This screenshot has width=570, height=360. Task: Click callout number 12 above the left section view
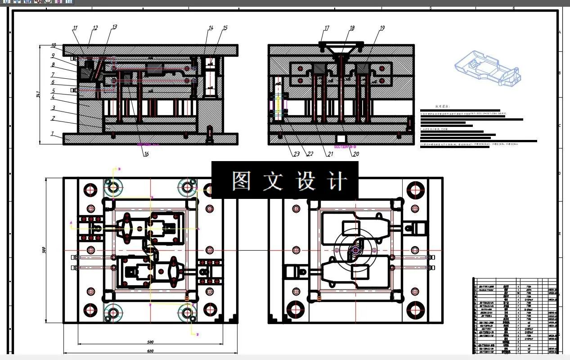click(95, 28)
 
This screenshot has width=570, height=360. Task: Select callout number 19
click(382, 28)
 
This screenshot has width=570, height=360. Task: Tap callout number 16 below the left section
click(146, 154)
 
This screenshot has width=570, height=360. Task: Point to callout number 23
click(296, 154)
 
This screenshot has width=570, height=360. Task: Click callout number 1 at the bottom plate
click(52, 134)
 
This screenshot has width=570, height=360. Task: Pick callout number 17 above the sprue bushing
click(327, 28)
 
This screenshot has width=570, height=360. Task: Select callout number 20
click(356, 154)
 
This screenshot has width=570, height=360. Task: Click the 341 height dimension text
click(39, 94)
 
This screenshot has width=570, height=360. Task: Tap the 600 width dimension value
click(150, 351)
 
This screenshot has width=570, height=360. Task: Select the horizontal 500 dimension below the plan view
click(150, 342)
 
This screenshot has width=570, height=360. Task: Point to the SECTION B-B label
click(345, 147)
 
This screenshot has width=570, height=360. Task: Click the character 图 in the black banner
click(242, 181)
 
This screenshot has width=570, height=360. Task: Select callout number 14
click(211, 28)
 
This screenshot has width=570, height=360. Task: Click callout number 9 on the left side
click(53, 56)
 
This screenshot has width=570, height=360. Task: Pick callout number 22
click(310, 154)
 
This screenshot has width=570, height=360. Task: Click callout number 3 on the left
click(53, 108)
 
